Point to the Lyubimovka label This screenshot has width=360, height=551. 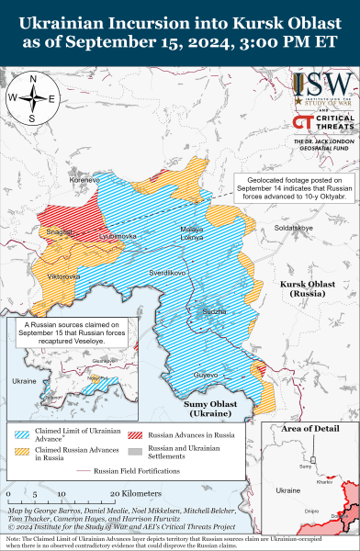117,236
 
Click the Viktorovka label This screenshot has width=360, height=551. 63,275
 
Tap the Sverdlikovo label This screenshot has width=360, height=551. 168,273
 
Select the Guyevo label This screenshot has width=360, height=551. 205,375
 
